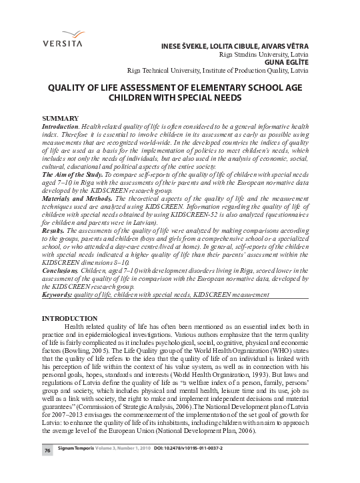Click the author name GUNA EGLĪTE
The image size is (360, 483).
(x=286, y=61)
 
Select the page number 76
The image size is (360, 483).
(x=48, y=470)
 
